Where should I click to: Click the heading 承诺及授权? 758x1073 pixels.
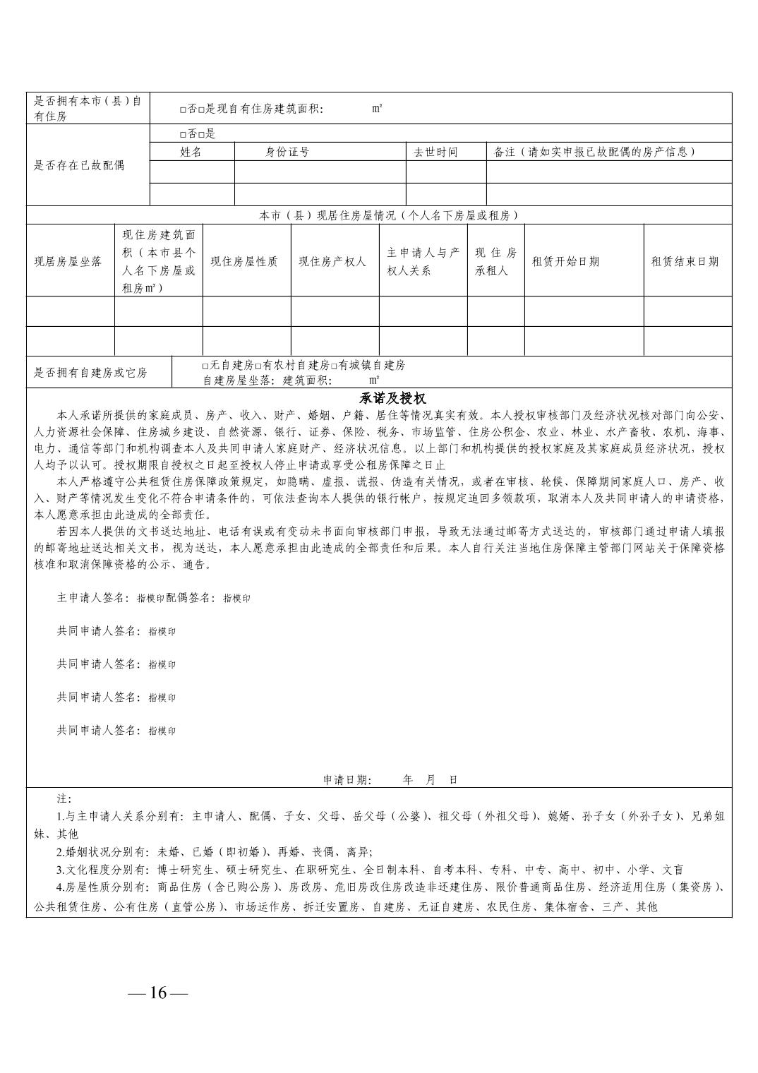tap(393, 399)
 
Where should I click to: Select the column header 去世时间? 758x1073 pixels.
tap(435, 152)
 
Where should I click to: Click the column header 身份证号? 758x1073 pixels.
tap(287, 152)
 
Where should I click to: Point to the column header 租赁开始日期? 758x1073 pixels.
tap(565, 261)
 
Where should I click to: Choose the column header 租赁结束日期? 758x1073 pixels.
tap(685, 261)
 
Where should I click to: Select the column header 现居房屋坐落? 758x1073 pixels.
tap(68, 261)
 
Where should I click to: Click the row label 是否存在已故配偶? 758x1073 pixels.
tap(80, 165)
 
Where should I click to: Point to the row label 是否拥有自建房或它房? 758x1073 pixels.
tap(91, 373)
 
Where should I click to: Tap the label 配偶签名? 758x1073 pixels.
tap(191, 598)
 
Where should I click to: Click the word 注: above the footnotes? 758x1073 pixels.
tap(64, 798)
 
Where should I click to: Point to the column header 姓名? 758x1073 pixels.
tap(191, 152)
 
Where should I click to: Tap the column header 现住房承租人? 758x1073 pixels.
tap(495, 261)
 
